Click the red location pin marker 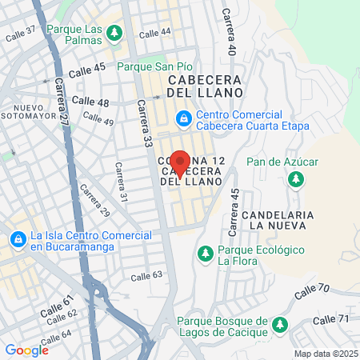coord(180,162)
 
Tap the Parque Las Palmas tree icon coord(115,32)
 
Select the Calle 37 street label coord(21,34)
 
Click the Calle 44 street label coord(155,33)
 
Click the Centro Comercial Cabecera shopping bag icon coord(185,118)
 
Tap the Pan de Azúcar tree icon coord(296,178)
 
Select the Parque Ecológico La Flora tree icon coord(205,254)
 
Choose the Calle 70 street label coord(311,291)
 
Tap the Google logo coord(26,350)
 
